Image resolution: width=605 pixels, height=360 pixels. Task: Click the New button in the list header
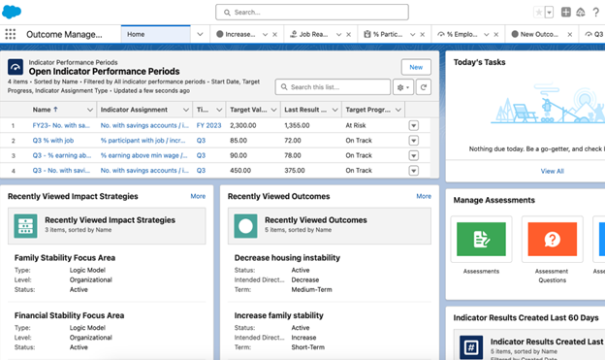[x=416, y=67]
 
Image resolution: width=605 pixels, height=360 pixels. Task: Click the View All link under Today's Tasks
[x=552, y=171]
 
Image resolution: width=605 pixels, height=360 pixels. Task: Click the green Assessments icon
[x=482, y=239]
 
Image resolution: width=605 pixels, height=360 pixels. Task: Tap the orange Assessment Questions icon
[x=552, y=239]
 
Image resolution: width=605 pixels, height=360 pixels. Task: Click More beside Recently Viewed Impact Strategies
[x=198, y=196]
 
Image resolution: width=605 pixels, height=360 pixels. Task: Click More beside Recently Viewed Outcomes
[x=424, y=196]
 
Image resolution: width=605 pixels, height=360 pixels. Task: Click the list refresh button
[x=424, y=87]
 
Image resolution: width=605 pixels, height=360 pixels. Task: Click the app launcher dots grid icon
[x=11, y=34]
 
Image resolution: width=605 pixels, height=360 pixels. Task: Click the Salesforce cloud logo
[x=14, y=12]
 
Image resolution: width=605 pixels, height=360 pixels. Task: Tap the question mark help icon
[x=595, y=13]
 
